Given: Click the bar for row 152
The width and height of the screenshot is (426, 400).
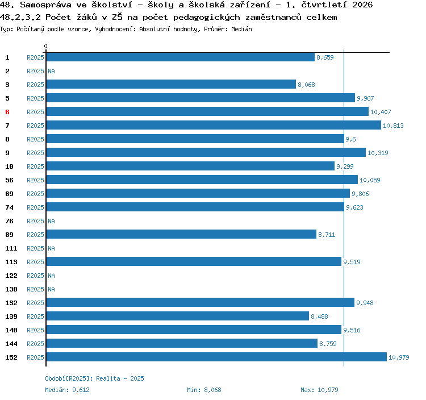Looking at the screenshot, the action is coord(216,357).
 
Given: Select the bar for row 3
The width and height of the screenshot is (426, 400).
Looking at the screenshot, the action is coord(171,84).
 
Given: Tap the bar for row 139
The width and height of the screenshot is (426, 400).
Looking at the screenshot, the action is coord(178,316).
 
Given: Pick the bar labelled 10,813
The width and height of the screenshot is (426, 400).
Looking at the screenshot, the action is coord(214,125).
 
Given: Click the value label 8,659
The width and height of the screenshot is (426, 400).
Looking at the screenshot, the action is coord(325,57).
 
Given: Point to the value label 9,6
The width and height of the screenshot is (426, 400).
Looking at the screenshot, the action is coord(350,139).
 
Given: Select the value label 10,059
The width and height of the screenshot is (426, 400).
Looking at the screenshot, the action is coord(370,180).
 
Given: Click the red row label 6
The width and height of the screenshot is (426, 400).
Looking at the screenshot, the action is coord(7,112).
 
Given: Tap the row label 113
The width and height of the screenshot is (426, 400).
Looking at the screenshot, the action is coord(11,262).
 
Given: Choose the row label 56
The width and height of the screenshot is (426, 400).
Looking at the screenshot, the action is coord(9,180).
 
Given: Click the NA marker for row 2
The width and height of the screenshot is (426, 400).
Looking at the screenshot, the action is coord(51,71).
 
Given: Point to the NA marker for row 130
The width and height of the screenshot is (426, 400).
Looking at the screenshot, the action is coord(51,289).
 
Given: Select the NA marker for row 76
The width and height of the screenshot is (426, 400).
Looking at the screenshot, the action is coord(51,221).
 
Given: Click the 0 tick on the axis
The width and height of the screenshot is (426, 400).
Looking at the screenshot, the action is coord(45,46).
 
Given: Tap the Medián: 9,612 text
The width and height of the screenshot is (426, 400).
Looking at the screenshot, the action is coord(67,390).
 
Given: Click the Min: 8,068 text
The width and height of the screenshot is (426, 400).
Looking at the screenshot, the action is coord(204,390).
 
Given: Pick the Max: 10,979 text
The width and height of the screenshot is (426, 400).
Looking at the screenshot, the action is coord(319,390).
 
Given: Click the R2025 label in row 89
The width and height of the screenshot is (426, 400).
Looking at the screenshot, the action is coord(35,235).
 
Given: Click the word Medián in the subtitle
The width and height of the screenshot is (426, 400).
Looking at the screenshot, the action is coord(241,29).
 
